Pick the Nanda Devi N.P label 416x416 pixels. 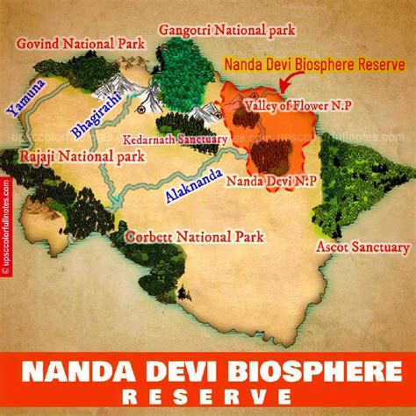(261, 183)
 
